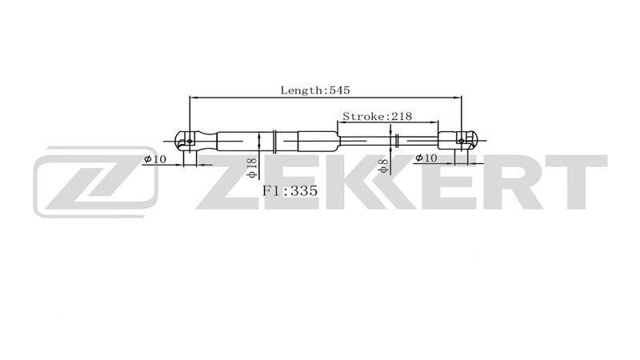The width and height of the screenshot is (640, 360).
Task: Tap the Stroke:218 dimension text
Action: (376, 116)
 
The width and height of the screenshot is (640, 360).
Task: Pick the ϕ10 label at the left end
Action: (154, 159)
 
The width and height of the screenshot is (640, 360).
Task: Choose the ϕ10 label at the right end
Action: (426, 159)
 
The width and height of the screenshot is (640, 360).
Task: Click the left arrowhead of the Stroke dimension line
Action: (342, 124)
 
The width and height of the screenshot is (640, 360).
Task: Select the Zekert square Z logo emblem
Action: (95, 182)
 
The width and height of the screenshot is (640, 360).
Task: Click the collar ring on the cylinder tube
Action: (274, 142)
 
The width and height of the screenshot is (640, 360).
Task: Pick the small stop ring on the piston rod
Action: (397, 142)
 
